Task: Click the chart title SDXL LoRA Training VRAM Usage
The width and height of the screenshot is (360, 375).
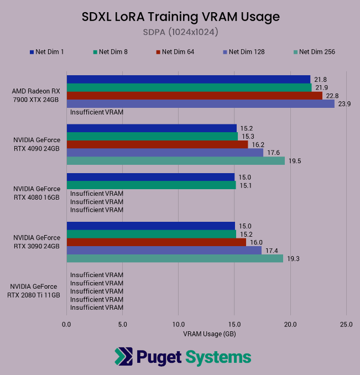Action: click(x=180, y=17)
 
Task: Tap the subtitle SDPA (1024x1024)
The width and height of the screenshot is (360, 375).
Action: click(x=180, y=32)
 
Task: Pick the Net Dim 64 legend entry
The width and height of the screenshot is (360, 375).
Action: click(x=177, y=52)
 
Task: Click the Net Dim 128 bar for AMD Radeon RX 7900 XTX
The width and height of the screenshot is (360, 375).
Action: click(x=200, y=103)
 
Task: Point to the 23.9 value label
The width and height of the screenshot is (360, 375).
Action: click(x=344, y=104)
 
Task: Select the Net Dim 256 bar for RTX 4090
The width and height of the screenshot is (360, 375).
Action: click(x=175, y=161)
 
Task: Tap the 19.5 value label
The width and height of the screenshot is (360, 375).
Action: click(x=294, y=161)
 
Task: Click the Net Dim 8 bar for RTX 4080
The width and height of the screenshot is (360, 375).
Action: click(x=151, y=185)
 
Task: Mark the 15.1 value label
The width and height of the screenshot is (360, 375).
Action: click(x=245, y=185)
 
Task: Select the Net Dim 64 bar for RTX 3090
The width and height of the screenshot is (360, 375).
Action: click(x=156, y=242)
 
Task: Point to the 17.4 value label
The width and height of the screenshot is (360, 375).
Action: click(x=271, y=251)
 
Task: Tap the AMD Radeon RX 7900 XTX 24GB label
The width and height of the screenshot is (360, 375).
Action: click(x=36, y=95)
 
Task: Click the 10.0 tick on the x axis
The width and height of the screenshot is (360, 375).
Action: click(x=179, y=325)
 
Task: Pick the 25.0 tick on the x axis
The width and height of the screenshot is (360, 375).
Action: click(x=346, y=325)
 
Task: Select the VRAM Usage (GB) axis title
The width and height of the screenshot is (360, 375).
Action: click(x=206, y=334)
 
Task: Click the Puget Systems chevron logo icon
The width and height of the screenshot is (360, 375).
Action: click(x=123, y=357)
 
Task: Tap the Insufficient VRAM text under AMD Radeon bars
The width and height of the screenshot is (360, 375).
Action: click(x=97, y=112)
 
